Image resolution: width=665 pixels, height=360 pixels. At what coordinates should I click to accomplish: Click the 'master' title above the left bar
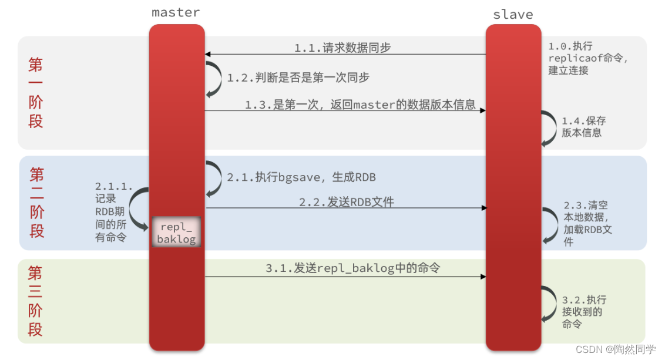coord(176,12)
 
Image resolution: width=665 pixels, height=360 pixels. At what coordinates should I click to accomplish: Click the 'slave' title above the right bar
coord(513,15)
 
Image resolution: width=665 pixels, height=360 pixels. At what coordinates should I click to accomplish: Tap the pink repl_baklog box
coord(176,232)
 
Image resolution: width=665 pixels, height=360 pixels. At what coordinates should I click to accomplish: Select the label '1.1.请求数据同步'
coord(342,48)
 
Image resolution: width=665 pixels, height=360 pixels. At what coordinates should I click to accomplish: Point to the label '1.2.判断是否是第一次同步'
coord(298,78)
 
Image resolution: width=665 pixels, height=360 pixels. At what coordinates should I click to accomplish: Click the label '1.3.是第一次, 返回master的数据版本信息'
coord(360,105)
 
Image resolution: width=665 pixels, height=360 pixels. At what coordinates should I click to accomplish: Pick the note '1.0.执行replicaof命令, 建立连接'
coord(587,58)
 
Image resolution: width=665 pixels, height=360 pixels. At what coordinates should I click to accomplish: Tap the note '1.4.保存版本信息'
coord(583,126)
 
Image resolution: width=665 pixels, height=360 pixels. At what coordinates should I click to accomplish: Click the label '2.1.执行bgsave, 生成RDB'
coord(301,177)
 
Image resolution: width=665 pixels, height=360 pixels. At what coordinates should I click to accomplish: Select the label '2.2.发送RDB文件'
coord(347,202)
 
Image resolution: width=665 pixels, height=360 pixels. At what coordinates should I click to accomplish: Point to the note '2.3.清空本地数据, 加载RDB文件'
coord(587,224)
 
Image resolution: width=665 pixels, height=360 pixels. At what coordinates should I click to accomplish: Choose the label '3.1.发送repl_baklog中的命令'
coord(353,268)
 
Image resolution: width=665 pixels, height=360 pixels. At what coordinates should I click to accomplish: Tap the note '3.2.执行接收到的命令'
coord(584,312)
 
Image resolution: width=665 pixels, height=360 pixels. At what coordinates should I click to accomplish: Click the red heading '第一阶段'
coord(36,93)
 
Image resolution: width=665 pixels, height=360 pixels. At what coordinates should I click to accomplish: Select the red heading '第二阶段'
coord(37,202)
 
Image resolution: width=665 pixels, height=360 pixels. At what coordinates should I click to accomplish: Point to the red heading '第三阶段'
coord(35,301)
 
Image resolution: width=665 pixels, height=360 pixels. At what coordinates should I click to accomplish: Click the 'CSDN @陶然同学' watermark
coord(616,349)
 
